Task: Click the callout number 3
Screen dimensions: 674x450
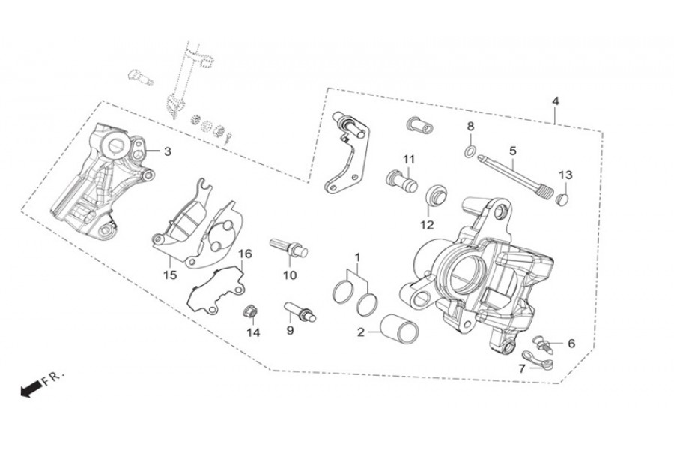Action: click(x=167, y=151)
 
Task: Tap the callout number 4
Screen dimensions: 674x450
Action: click(x=556, y=101)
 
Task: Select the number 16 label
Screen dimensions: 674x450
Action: click(x=245, y=253)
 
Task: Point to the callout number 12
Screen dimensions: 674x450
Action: click(x=427, y=225)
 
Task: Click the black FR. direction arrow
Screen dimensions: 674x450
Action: click(x=29, y=389)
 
